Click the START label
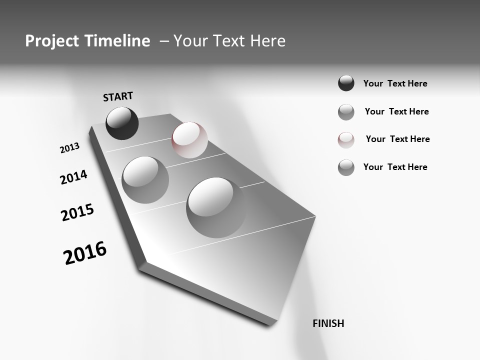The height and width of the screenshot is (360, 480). [x=118, y=96]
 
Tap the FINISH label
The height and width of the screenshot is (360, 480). [x=328, y=323]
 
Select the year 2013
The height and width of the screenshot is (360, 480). [x=70, y=148]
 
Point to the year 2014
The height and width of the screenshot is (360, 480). [x=73, y=177]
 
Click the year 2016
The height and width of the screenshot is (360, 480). [x=85, y=253]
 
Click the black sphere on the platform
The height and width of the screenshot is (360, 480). [x=122, y=123]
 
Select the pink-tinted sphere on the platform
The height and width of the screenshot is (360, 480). [x=189, y=140]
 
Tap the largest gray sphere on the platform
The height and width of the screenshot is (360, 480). [x=216, y=207]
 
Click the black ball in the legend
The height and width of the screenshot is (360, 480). [x=346, y=83]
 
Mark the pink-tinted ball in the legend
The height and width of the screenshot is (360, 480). [x=346, y=140]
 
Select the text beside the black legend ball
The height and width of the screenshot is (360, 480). [x=395, y=83]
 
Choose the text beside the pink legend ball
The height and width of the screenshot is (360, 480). [x=397, y=139]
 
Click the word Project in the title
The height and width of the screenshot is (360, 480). [x=52, y=41]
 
